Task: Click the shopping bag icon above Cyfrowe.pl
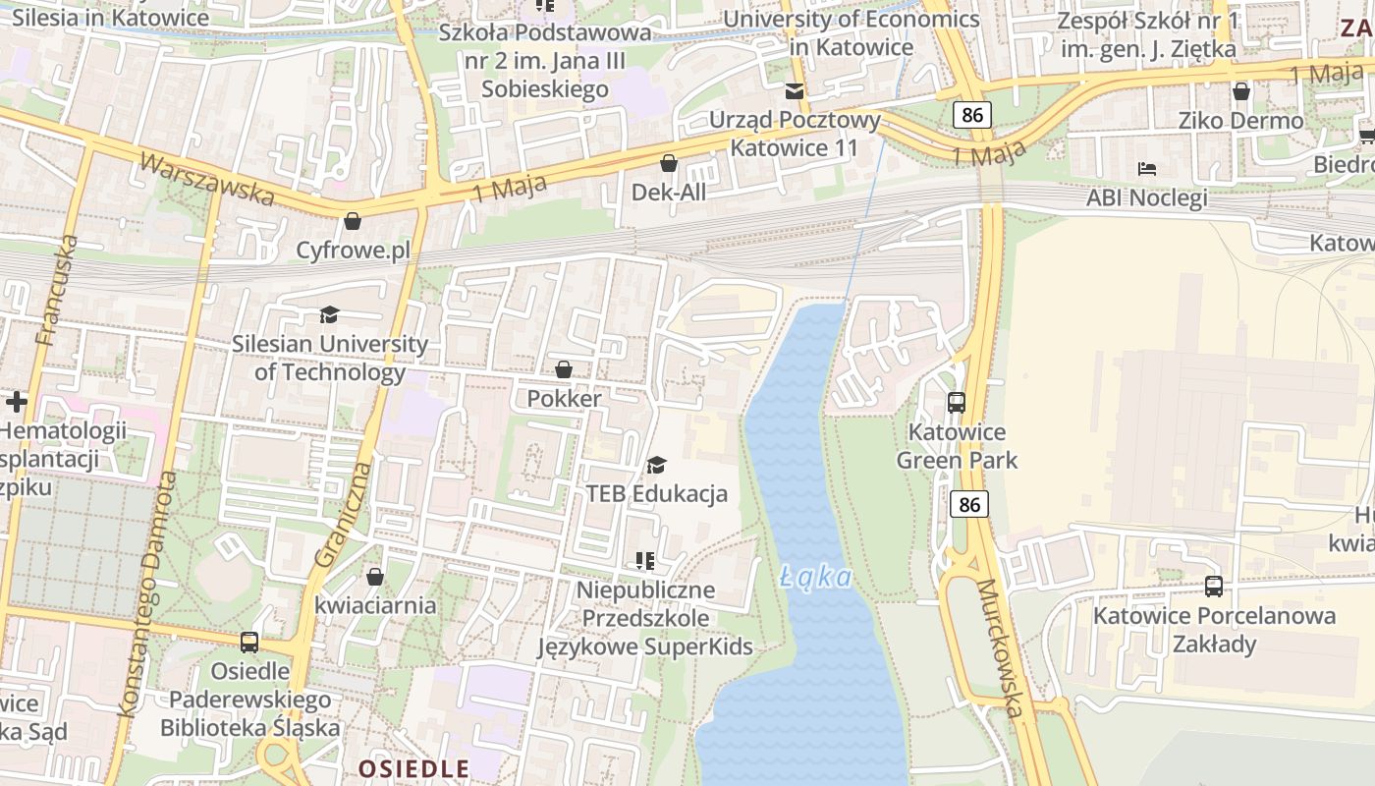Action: [353, 221]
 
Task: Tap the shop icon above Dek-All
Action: [669, 162]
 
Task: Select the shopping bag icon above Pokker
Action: [564, 369]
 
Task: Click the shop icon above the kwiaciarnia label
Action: [374, 576]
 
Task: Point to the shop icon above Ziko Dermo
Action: [1241, 91]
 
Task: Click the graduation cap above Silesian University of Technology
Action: [329, 314]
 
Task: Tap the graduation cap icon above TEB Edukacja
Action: [656, 464]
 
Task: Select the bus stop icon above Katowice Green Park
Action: [956, 402]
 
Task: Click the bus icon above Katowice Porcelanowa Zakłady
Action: [1214, 587]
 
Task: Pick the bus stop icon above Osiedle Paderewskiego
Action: [249, 643]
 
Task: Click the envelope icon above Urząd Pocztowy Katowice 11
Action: [794, 91]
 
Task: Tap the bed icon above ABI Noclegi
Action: [1146, 168]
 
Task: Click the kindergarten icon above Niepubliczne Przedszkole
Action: [644, 561]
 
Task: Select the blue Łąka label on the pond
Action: [816, 577]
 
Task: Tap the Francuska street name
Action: [56, 290]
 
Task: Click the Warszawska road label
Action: [206, 179]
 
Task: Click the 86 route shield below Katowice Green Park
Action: [969, 504]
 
